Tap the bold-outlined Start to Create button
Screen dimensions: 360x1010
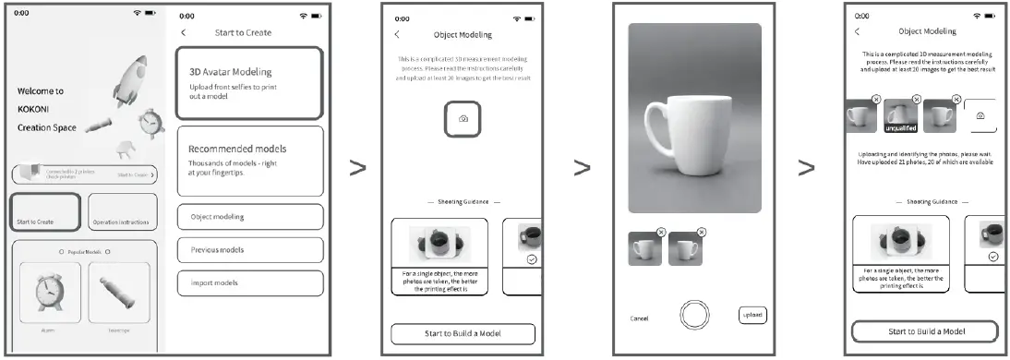[47, 210]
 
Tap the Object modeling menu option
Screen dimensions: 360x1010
[249, 217]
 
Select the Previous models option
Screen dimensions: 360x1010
[249, 250]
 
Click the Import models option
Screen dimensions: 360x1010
[249, 283]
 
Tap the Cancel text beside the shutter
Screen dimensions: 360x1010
[639, 318]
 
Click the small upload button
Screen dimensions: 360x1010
[751, 315]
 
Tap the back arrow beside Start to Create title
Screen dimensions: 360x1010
[183, 32]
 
